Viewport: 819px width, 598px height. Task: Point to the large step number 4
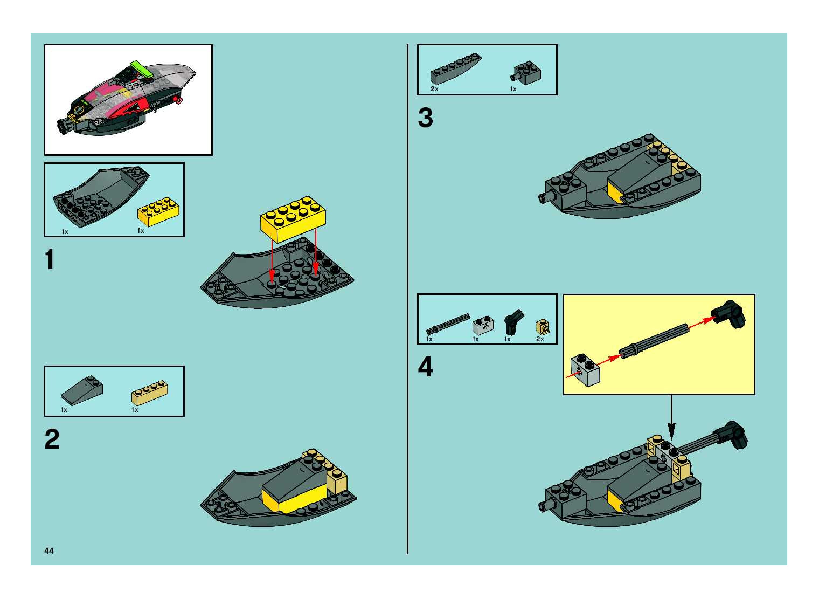(425, 367)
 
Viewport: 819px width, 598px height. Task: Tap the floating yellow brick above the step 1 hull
(293, 219)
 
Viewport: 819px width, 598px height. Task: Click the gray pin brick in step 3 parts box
(526, 74)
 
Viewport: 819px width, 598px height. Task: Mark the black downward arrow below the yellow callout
(671, 417)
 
